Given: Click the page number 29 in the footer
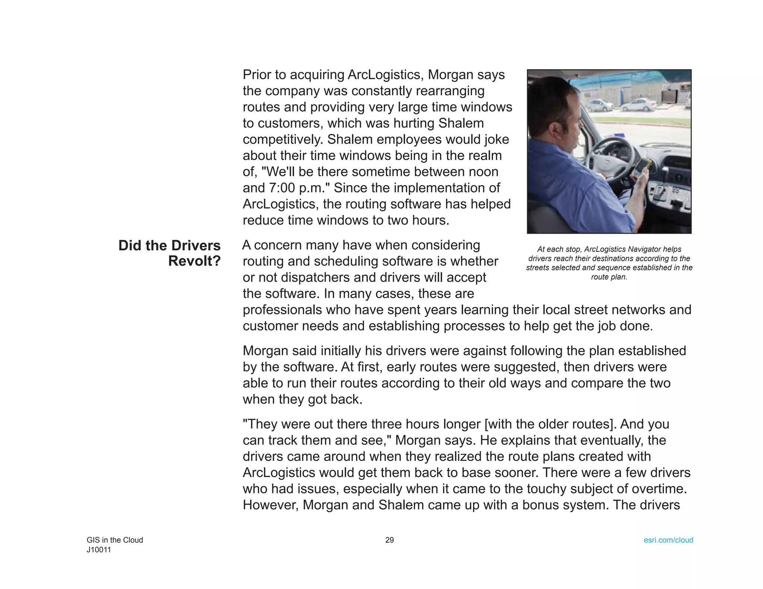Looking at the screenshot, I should click(x=389, y=540).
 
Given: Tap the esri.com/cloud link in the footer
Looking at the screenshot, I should click(x=668, y=540).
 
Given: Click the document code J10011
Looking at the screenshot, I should click(x=99, y=550).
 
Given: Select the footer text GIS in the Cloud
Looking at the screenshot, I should click(x=115, y=540).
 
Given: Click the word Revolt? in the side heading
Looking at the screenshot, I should click(x=194, y=261).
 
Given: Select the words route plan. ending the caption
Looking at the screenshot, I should click(x=609, y=277).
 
